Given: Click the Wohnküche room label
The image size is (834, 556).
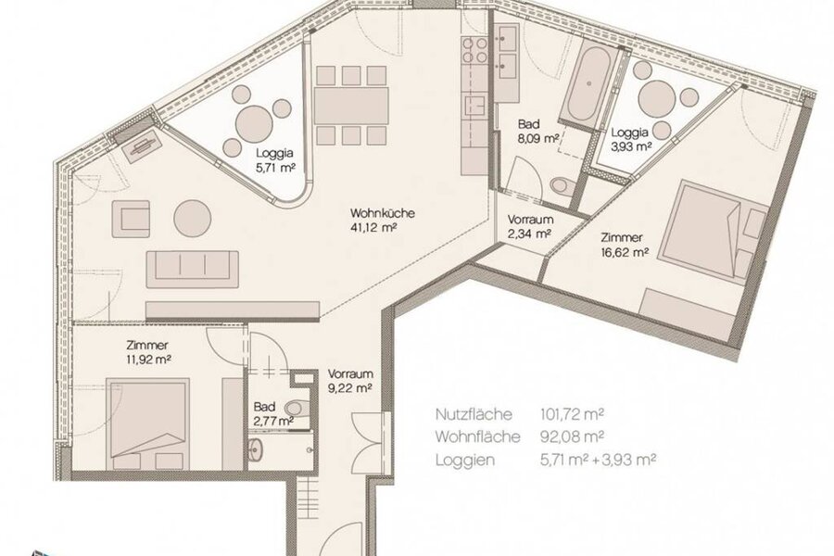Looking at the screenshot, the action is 383,213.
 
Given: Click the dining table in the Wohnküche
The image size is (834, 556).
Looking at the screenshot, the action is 351,107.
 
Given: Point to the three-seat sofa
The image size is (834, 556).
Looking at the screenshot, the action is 193,270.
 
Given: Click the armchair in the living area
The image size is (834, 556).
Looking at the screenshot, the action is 131,218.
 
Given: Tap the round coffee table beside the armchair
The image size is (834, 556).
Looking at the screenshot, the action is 193,218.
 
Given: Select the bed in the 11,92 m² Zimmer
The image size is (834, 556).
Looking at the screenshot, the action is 148,423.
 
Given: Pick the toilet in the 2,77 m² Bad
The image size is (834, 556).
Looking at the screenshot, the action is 297,409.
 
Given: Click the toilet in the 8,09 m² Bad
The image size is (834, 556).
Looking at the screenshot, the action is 562,185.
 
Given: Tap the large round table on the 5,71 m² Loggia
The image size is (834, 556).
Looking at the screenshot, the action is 254,123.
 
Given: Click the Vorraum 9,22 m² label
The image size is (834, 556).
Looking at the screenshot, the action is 349,381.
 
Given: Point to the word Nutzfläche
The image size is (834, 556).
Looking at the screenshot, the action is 474,414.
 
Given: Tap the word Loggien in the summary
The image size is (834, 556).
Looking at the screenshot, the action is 465,461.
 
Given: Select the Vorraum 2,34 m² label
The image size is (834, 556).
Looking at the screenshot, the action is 530,226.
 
